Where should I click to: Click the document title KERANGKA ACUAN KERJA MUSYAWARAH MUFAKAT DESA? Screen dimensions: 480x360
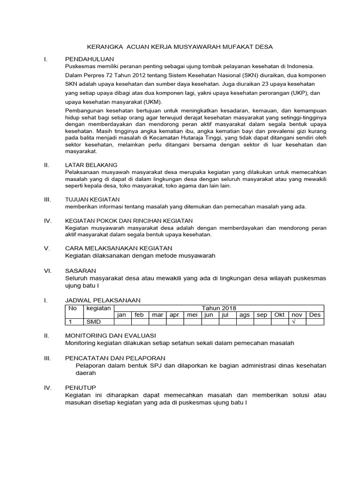point(180,47)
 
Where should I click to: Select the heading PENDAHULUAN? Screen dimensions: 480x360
point(90,59)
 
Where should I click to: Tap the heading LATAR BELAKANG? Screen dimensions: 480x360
point(91,165)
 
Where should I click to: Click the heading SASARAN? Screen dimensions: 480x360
point(80,270)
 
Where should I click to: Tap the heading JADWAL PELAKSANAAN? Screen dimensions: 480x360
point(102,300)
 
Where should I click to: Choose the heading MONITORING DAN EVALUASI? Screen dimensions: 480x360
point(110,336)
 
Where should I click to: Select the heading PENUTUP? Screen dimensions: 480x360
point(80,388)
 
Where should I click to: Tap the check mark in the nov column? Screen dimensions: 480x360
point(293,322)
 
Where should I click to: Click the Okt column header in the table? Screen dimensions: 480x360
point(279,315)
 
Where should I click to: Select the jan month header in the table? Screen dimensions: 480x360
point(121,315)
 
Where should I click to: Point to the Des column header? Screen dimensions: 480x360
point(314,315)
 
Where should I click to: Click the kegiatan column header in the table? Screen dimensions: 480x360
point(98,308)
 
